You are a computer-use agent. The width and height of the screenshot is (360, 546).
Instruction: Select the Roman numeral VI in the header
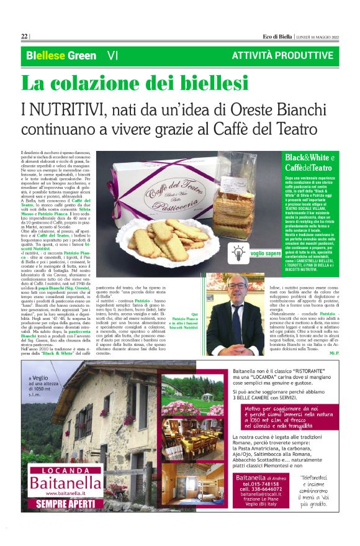(x=112, y=55)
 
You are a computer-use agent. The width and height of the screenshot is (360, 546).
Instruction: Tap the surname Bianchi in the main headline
(x=309, y=110)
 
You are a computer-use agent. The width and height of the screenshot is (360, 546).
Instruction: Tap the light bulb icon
(x=255, y=252)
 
